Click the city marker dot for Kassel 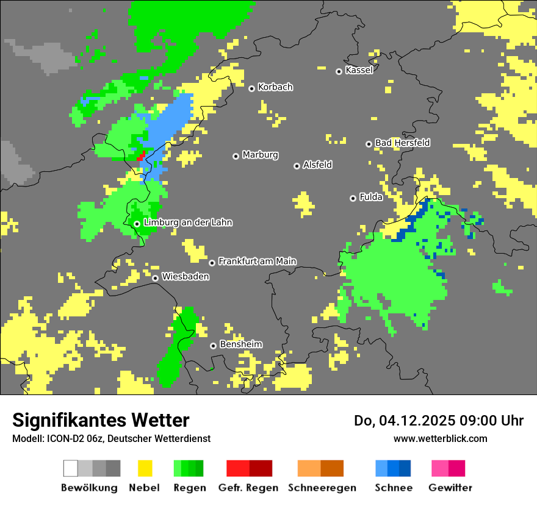tap(339, 71)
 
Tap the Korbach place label tap(275, 87)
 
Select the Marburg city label tap(260, 155)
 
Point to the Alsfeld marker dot tap(297, 166)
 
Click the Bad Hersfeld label tap(402, 143)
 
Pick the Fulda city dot tap(353, 198)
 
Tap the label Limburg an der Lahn tap(188, 223)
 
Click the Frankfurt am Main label tap(257, 261)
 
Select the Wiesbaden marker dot tap(156, 278)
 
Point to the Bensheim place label tap(240, 344)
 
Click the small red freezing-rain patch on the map tap(141, 155)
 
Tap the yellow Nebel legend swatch tap(145, 468)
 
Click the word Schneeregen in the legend tap(322, 488)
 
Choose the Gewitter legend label tap(450, 488)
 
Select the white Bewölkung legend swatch tap(71, 468)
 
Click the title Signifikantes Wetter tap(101, 420)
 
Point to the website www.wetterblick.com tap(440, 438)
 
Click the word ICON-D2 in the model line tap(63, 438)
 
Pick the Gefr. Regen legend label tap(248, 488)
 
